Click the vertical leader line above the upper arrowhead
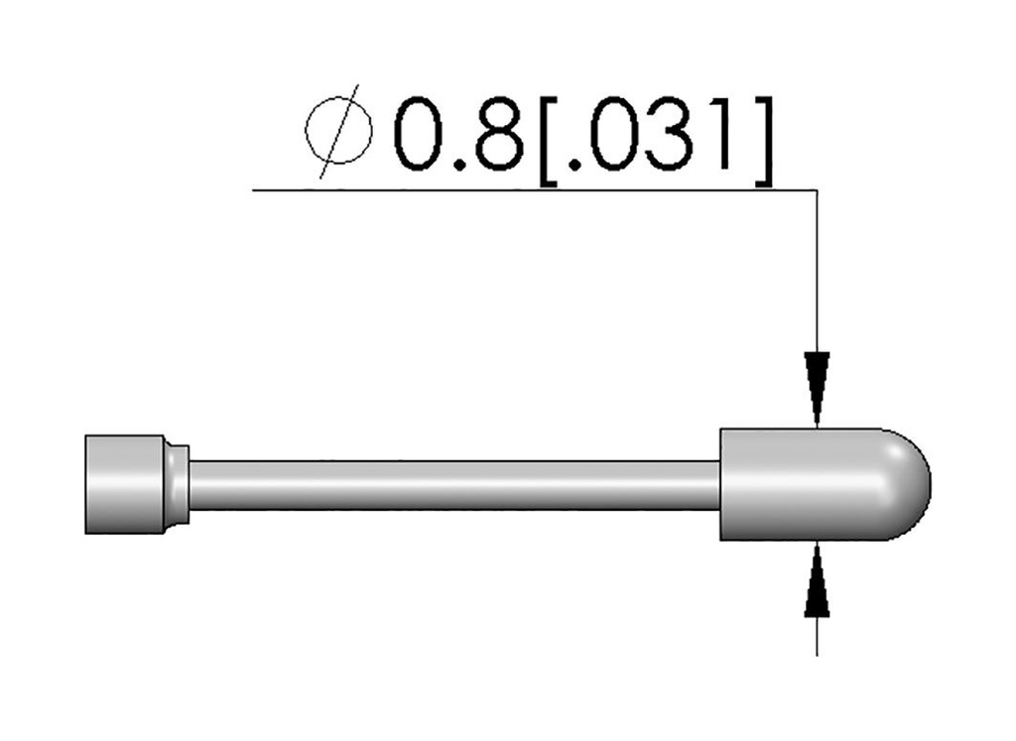[x=816, y=268]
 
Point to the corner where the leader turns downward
[x=816, y=189]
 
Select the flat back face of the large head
[x=722, y=484]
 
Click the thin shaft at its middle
[x=453, y=484]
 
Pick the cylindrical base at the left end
[x=123, y=484]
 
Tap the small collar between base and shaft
[x=177, y=484]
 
